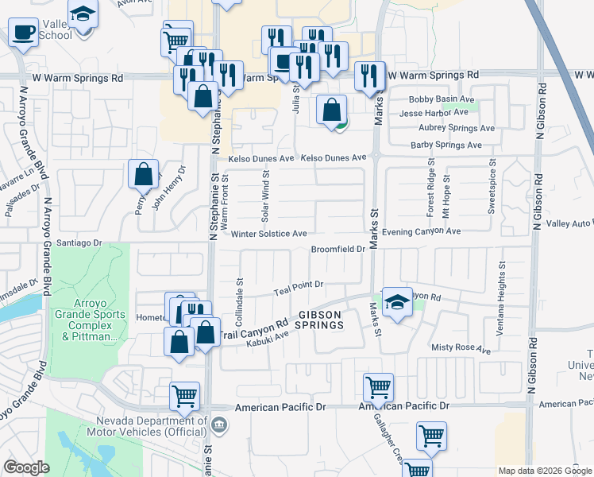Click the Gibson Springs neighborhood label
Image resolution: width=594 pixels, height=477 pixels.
click(x=320, y=320)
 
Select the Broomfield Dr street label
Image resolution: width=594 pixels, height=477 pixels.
click(x=337, y=249)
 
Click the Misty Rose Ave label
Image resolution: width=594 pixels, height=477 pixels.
click(x=461, y=348)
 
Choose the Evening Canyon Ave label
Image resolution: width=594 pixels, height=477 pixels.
click(x=421, y=231)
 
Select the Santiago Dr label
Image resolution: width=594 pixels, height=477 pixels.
click(x=80, y=242)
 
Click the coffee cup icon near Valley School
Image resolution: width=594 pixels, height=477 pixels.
click(x=24, y=33)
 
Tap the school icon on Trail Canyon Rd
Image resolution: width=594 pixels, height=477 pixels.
click(x=396, y=302)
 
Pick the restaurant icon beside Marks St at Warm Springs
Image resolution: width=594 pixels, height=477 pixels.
click(x=369, y=76)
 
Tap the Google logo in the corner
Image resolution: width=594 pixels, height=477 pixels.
click(x=25, y=467)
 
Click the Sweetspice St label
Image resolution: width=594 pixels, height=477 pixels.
click(x=492, y=188)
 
